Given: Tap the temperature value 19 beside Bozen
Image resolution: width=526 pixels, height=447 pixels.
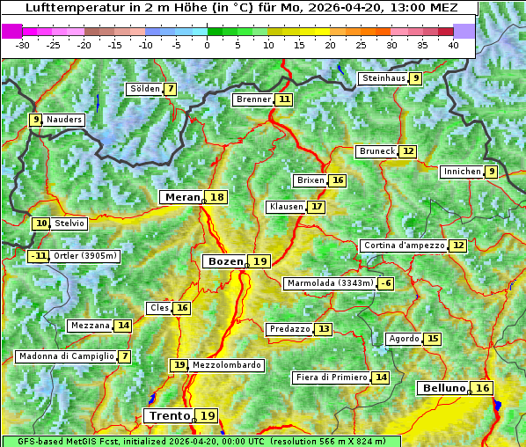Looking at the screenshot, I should coord(259,261).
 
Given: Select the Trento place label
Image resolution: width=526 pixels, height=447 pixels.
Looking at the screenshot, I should coord(169,416).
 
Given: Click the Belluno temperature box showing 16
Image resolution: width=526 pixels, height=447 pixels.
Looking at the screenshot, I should coord(482,388).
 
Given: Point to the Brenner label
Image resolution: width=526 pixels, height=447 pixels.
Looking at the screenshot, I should coord(253,99).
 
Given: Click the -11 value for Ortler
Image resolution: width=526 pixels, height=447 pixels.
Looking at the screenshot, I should coord(38,256).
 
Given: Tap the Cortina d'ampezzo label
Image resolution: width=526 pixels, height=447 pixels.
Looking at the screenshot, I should coord(403,245).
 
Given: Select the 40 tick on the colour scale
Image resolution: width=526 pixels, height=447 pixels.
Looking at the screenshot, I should coord(453,45).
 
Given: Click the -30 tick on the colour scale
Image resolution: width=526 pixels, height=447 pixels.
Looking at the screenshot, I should coord(23,45).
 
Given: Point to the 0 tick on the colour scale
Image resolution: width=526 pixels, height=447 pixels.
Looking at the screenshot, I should coord(208,45).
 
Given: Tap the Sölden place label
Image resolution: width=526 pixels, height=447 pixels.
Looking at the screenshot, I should coord(144,89).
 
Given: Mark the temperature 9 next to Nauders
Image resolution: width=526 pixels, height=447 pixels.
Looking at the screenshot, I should coord(35,120).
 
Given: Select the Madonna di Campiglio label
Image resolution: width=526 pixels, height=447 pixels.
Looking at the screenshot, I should coord(66,356).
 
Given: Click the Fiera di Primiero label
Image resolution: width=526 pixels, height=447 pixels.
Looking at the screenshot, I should coord(331,377).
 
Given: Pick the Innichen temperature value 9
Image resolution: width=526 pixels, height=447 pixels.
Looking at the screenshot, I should coord(491,172).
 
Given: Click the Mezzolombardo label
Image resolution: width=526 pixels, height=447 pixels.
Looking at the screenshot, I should coord(226,365).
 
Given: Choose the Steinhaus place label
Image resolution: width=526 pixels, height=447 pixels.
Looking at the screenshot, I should coord(384,78).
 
